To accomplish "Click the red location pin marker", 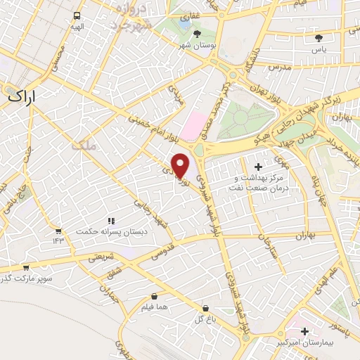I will (x=181, y=166).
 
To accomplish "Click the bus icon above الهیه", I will (x=77, y=15).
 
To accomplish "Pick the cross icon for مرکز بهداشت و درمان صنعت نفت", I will (x=257, y=167).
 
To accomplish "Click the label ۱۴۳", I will (x=58, y=241).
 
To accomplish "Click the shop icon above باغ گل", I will (x=205, y=307).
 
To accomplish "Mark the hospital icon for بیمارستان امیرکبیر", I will (x=304, y=330).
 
